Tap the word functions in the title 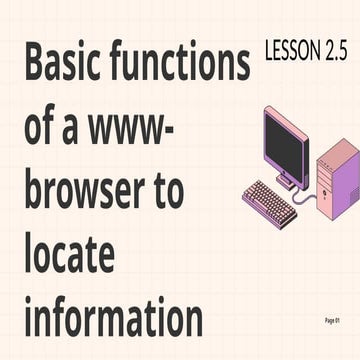pos(186,65)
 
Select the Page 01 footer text pos(334,319)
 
